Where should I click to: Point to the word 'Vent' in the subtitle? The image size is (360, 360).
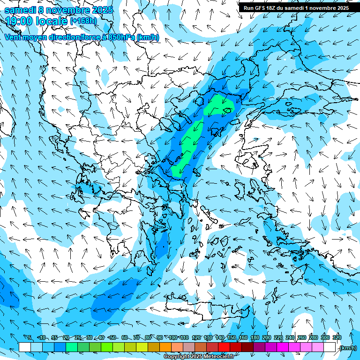[x=14, y=37]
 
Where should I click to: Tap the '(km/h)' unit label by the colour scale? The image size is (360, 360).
[x=347, y=348]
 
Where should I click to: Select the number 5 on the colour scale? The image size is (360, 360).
[x=30, y=337]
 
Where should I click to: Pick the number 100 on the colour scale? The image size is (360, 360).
[x=172, y=337]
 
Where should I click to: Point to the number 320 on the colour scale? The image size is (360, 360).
[x=337, y=337]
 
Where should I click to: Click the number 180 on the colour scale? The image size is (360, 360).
[x=255, y=337]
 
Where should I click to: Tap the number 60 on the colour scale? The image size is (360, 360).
[x=124, y=337]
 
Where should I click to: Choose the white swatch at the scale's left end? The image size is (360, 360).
[x=25, y=347]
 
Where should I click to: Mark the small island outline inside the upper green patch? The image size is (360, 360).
[x=228, y=111]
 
